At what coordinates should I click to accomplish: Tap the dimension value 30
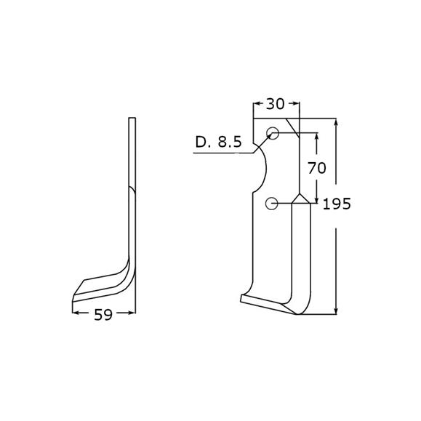point(275,104)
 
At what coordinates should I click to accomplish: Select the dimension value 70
point(317,168)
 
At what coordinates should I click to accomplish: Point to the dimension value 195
point(337,204)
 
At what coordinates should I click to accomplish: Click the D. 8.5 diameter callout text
point(219,142)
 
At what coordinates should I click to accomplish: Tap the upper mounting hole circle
point(273,133)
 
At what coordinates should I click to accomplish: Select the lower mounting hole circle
point(271,204)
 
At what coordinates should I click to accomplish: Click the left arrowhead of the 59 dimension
point(76,313)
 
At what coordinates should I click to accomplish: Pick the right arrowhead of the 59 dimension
point(132,313)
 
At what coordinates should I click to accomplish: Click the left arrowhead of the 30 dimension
point(257,103)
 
